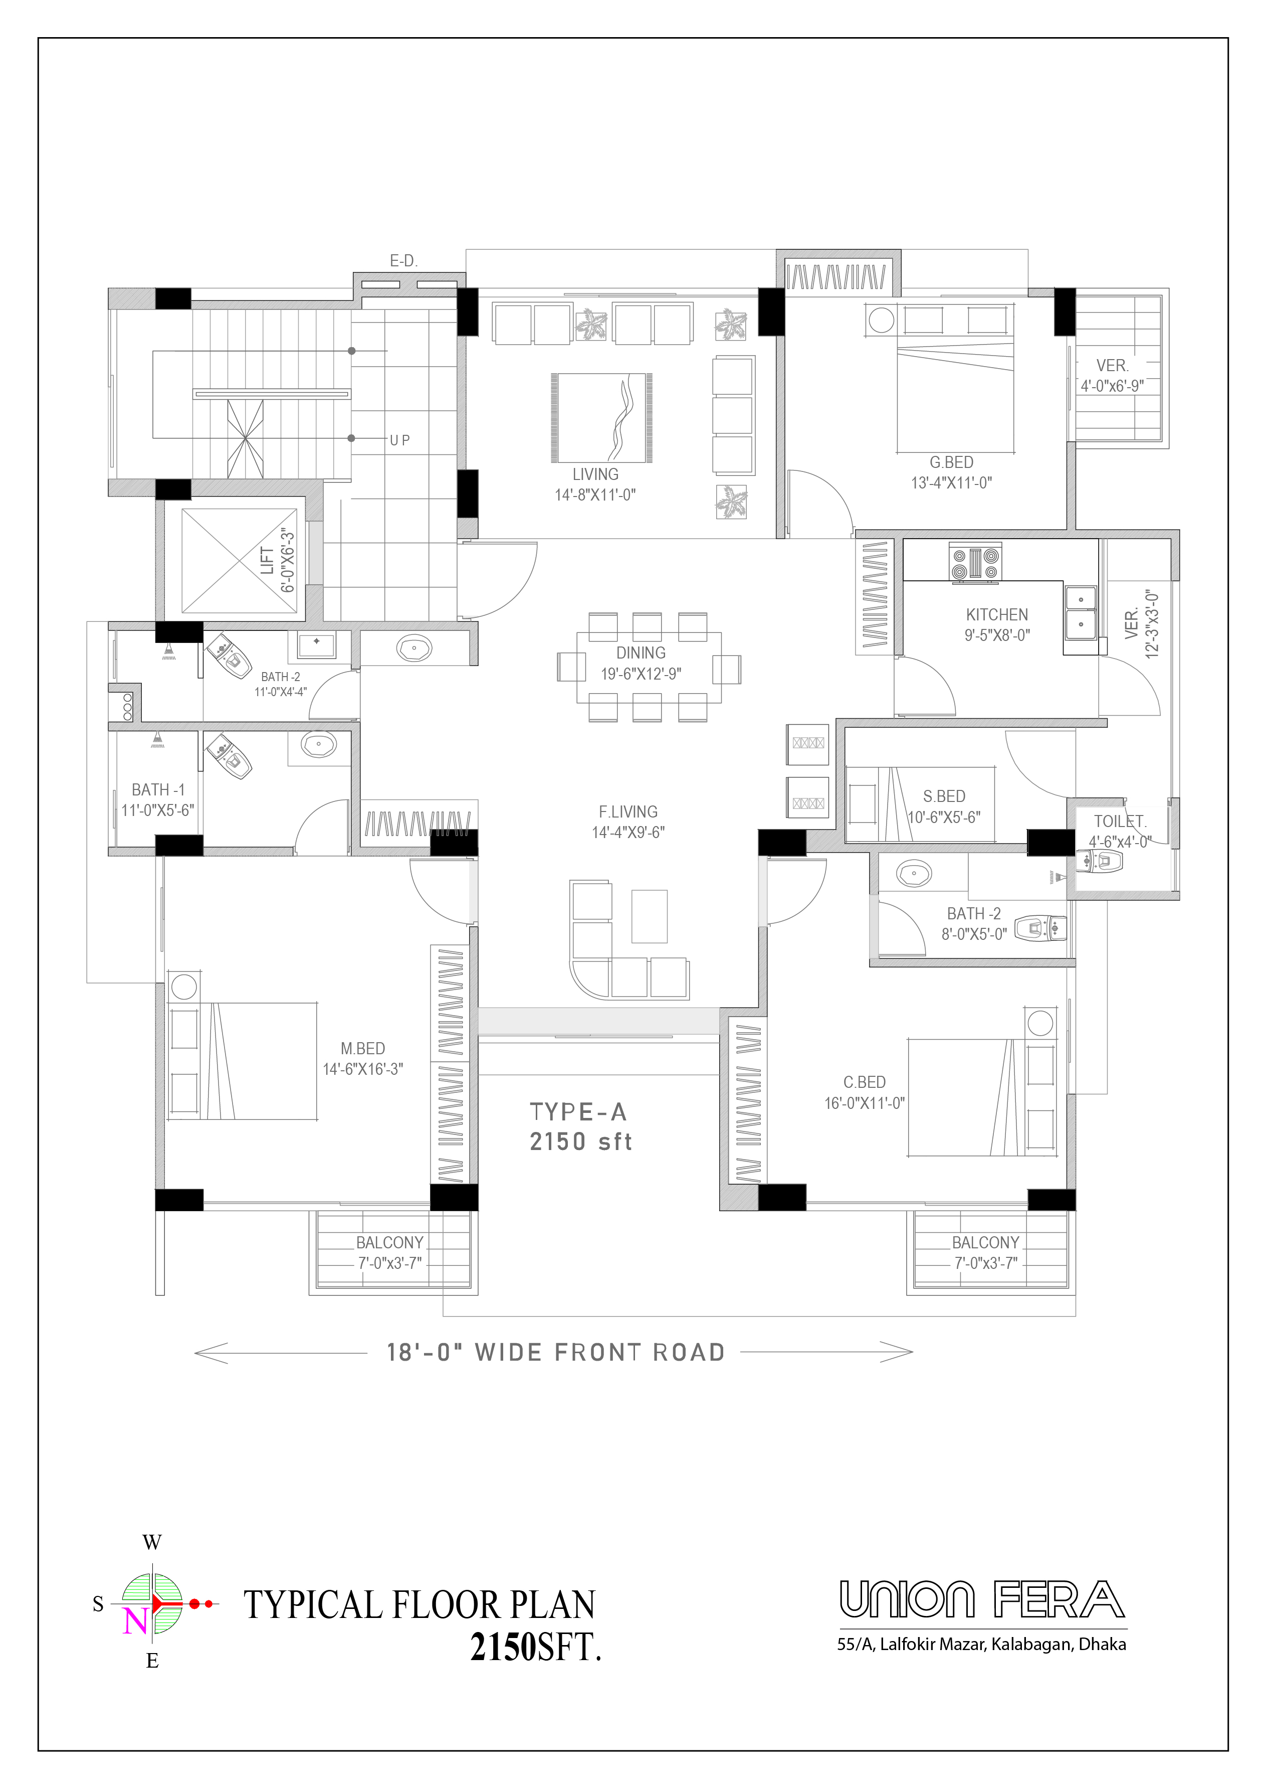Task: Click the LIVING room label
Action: coord(595,474)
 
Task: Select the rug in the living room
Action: coord(601,418)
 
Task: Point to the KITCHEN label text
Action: coord(997,614)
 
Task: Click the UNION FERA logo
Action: coord(982,1599)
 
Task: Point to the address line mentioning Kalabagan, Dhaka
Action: coord(981,1644)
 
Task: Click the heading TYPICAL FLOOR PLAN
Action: coord(419,1605)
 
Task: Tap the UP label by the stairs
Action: coord(400,440)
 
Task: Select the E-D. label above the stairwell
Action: coord(404,261)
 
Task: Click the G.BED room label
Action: coord(951,462)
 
